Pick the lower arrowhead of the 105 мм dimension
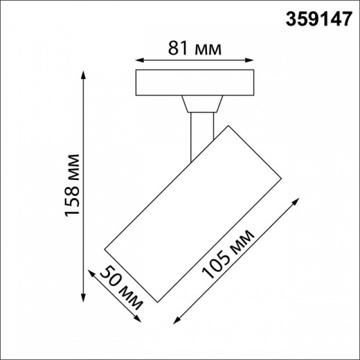[x=173, y=320]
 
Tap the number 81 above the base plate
[x=178, y=48]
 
